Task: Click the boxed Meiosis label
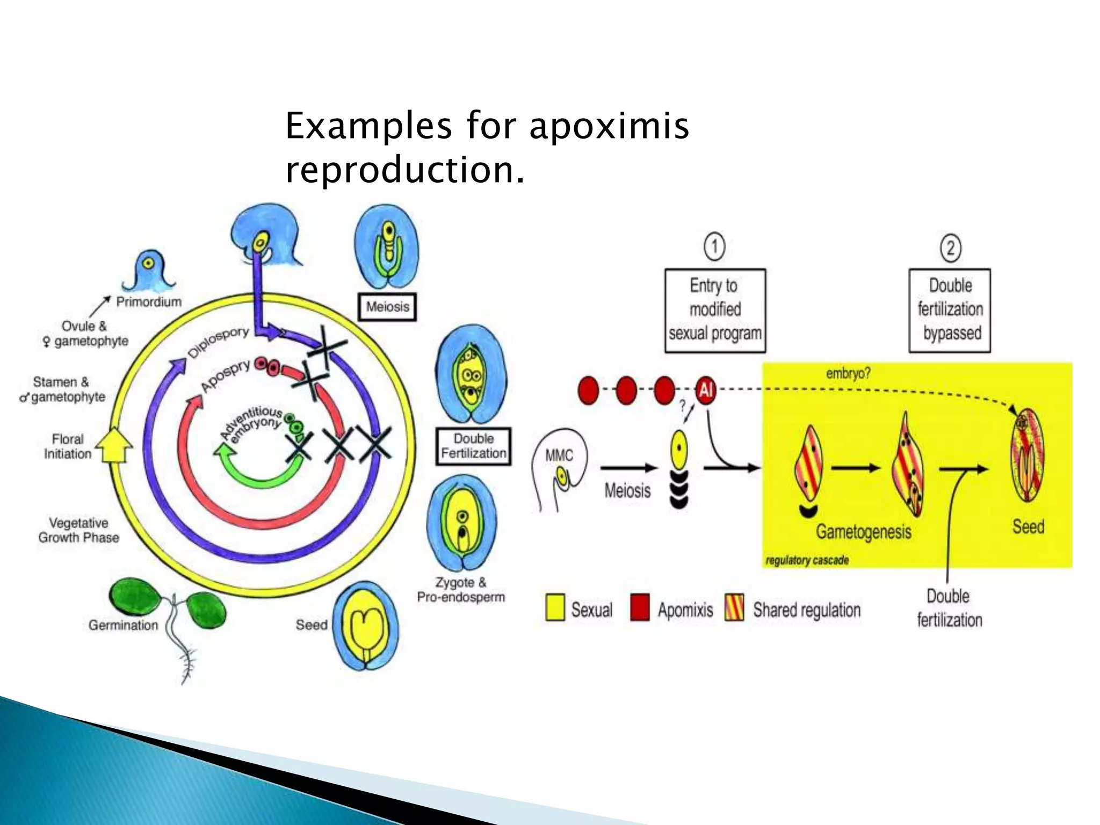[387, 307]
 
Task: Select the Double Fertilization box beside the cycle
[473, 446]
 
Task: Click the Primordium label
[149, 302]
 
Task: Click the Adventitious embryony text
[252, 424]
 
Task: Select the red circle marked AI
[706, 390]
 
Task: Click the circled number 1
[714, 247]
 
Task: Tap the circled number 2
[950, 248]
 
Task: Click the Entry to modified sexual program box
[715, 310]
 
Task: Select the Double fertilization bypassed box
[950, 310]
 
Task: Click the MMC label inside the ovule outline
[559, 455]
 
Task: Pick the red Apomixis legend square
[640, 608]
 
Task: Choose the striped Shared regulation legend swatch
[734, 608]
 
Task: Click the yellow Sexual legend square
[555, 608]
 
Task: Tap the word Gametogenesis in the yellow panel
[864, 532]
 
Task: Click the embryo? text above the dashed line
[848, 373]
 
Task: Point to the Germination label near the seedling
[123, 625]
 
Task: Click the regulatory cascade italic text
[807, 561]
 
